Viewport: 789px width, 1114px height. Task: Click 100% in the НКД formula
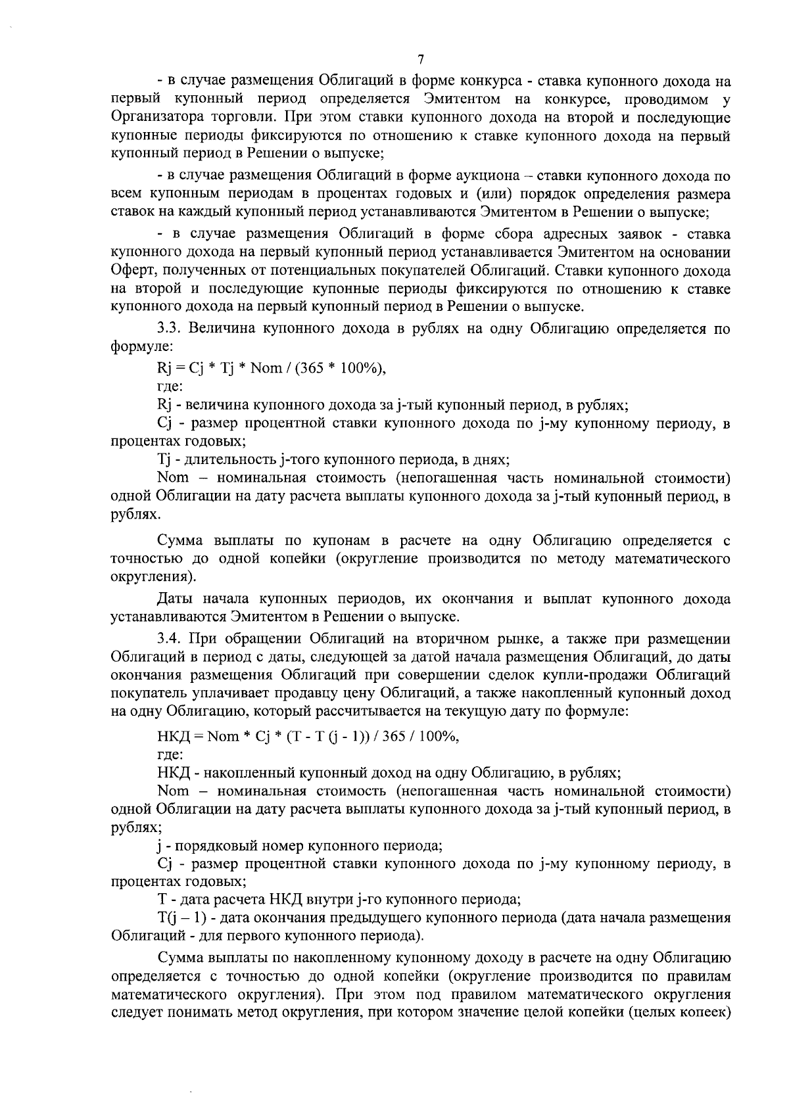click(440, 737)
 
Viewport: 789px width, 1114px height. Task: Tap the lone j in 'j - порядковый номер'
click(160, 845)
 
